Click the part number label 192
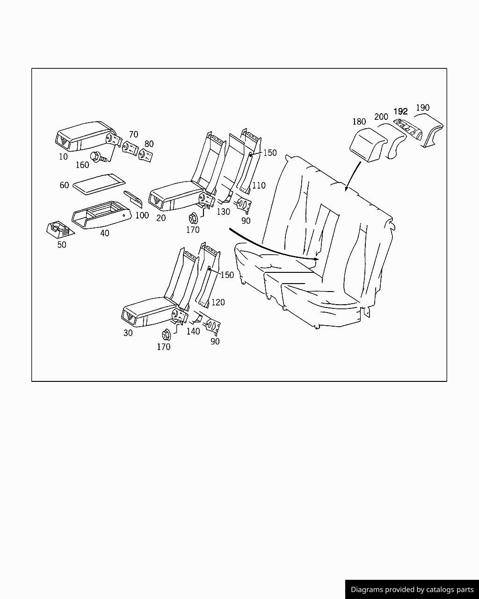click(x=400, y=111)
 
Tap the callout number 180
click(x=359, y=122)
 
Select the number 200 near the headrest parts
click(x=381, y=117)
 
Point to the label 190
click(x=422, y=108)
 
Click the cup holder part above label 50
click(x=59, y=229)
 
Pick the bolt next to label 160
click(x=99, y=157)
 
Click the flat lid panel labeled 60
click(x=99, y=184)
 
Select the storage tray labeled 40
click(x=102, y=215)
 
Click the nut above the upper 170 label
click(x=193, y=218)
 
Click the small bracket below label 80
click(x=145, y=155)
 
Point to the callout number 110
click(x=259, y=185)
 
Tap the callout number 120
click(x=218, y=302)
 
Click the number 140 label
click(x=193, y=331)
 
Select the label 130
click(x=223, y=212)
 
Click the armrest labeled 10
click(x=86, y=136)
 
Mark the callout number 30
click(x=128, y=333)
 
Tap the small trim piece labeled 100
click(x=133, y=199)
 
